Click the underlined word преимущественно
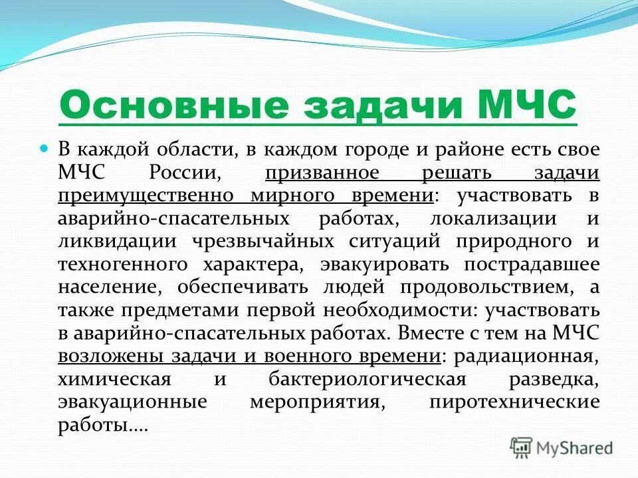pos(145,197)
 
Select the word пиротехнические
pos(514,402)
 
